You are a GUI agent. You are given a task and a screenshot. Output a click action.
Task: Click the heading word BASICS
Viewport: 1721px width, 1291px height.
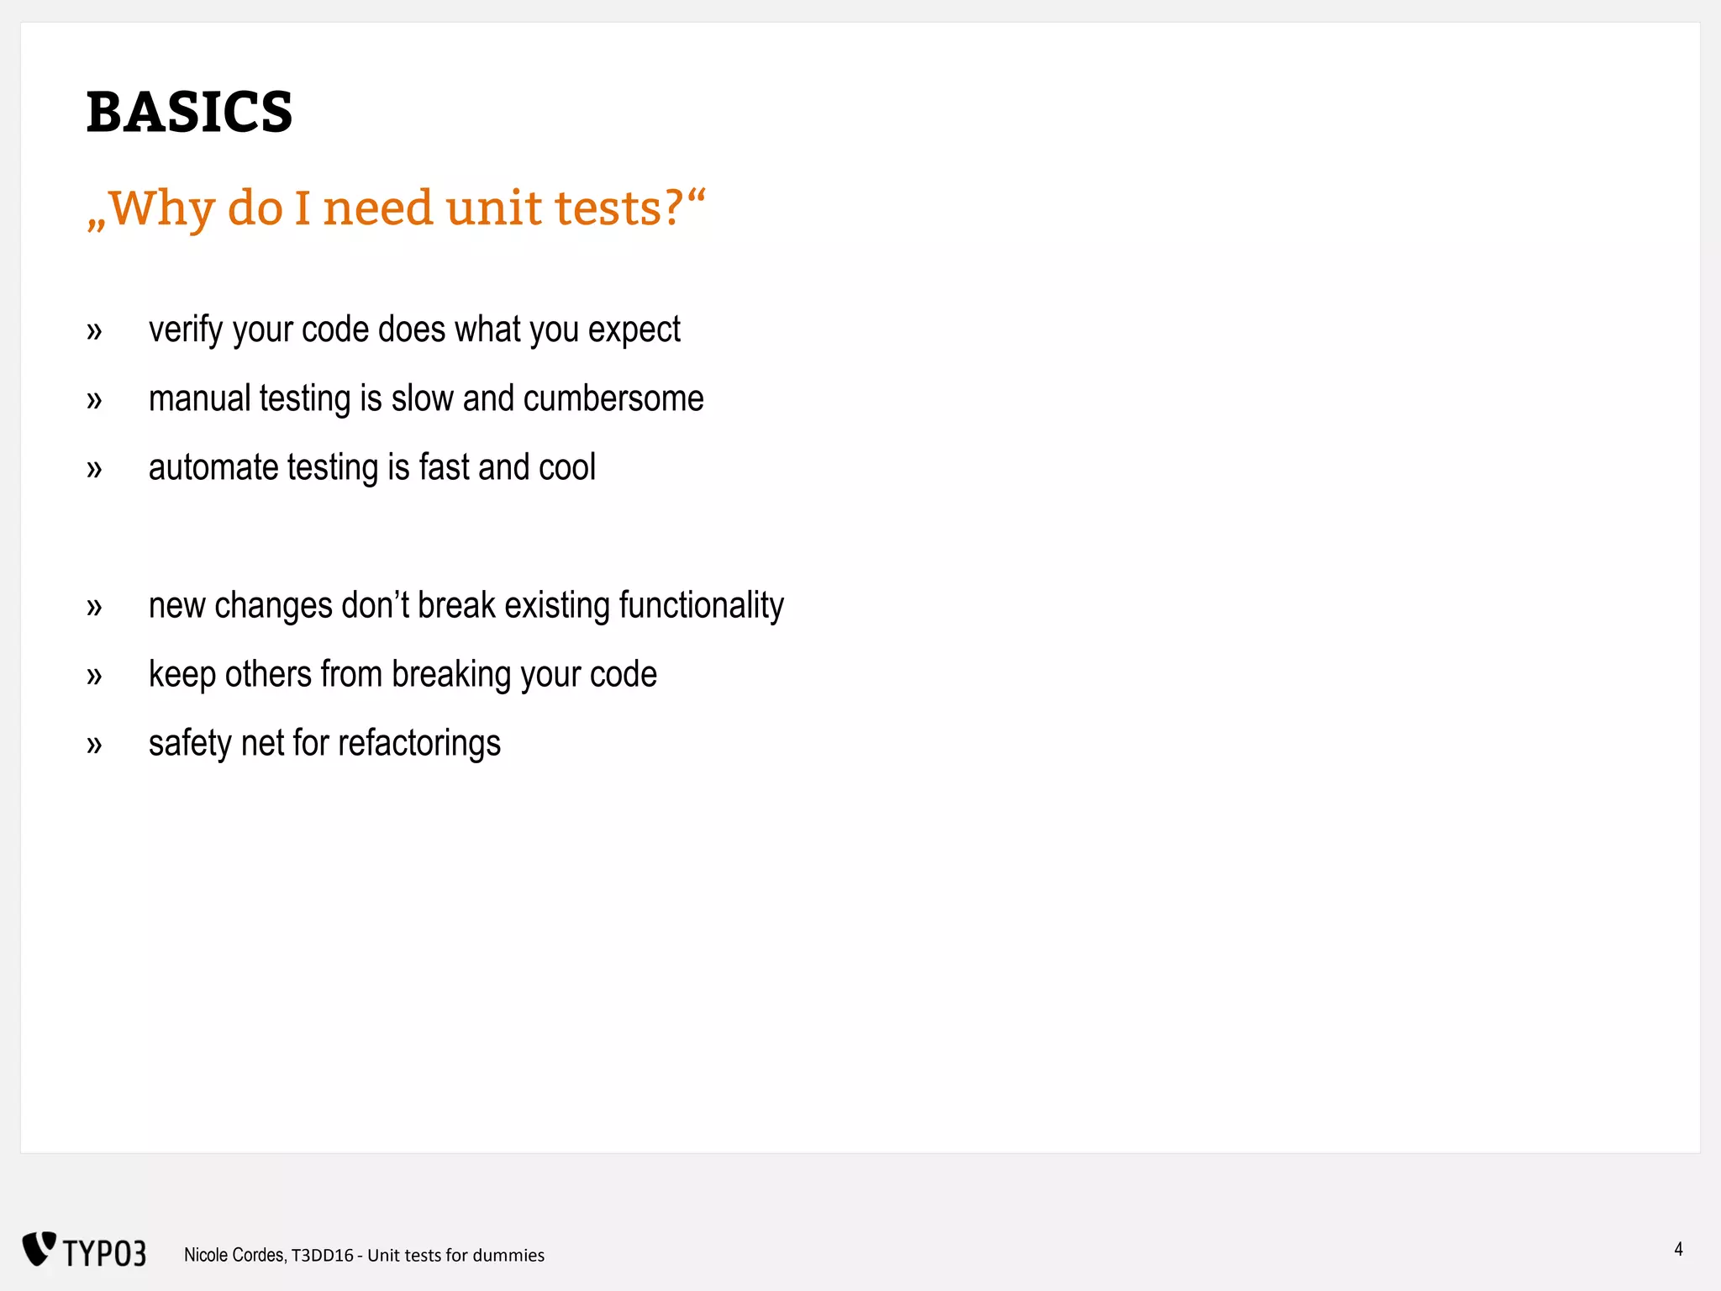click(x=189, y=112)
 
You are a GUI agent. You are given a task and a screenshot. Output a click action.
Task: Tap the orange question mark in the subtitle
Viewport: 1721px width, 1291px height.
click(x=674, y=208)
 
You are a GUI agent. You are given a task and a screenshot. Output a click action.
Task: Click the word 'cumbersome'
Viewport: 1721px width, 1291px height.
click(x=613, y=398)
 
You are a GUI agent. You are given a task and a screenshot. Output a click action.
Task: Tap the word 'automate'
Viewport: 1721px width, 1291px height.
click(x=213, y=467)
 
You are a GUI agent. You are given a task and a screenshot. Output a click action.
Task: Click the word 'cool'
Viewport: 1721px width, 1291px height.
click(x=567, y=467)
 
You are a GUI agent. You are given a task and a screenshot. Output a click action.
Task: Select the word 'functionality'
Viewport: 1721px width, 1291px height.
click(x=701, y=606)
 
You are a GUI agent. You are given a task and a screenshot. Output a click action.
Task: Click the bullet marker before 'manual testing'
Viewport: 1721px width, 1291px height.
click(x=94, y=400)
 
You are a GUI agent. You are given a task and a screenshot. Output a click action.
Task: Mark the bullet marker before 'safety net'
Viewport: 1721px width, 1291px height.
click(x=94, y=745)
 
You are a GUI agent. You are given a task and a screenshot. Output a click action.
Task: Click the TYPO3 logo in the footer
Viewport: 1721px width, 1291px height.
click(x=84, y=1251)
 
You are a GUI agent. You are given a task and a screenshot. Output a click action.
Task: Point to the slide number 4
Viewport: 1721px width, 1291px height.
click(x=1678, y=1249)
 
